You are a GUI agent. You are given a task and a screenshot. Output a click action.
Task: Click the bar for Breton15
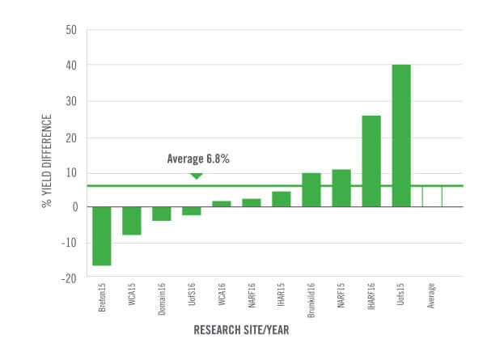(101, 235)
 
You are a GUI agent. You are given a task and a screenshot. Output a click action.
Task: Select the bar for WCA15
(131, 221)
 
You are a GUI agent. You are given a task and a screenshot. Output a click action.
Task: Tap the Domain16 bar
(161, 214)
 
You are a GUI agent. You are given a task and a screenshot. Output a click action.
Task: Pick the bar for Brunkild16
(311, 190)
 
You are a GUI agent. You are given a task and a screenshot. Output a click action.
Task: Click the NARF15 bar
(341, 188)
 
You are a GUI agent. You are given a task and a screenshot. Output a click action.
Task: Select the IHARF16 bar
(371, 161)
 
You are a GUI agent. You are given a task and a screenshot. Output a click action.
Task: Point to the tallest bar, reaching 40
(401, 135)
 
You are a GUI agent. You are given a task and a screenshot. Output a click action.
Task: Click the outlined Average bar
(431, 196)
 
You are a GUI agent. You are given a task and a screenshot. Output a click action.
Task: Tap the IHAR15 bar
(281, 199)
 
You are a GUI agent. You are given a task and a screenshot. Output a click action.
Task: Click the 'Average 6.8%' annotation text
(197, 159)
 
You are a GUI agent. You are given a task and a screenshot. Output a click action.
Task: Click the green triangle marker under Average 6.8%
(196, 176)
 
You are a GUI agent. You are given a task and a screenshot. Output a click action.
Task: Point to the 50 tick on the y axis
(70, 30)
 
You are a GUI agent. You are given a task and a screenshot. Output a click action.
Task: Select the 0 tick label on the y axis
(73, 207)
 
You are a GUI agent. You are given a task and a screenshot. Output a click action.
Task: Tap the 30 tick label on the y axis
(70, 101)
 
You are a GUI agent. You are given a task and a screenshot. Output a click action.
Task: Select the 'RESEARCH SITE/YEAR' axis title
(242, 331)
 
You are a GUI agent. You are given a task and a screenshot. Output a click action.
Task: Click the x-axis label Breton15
(102, 297)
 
